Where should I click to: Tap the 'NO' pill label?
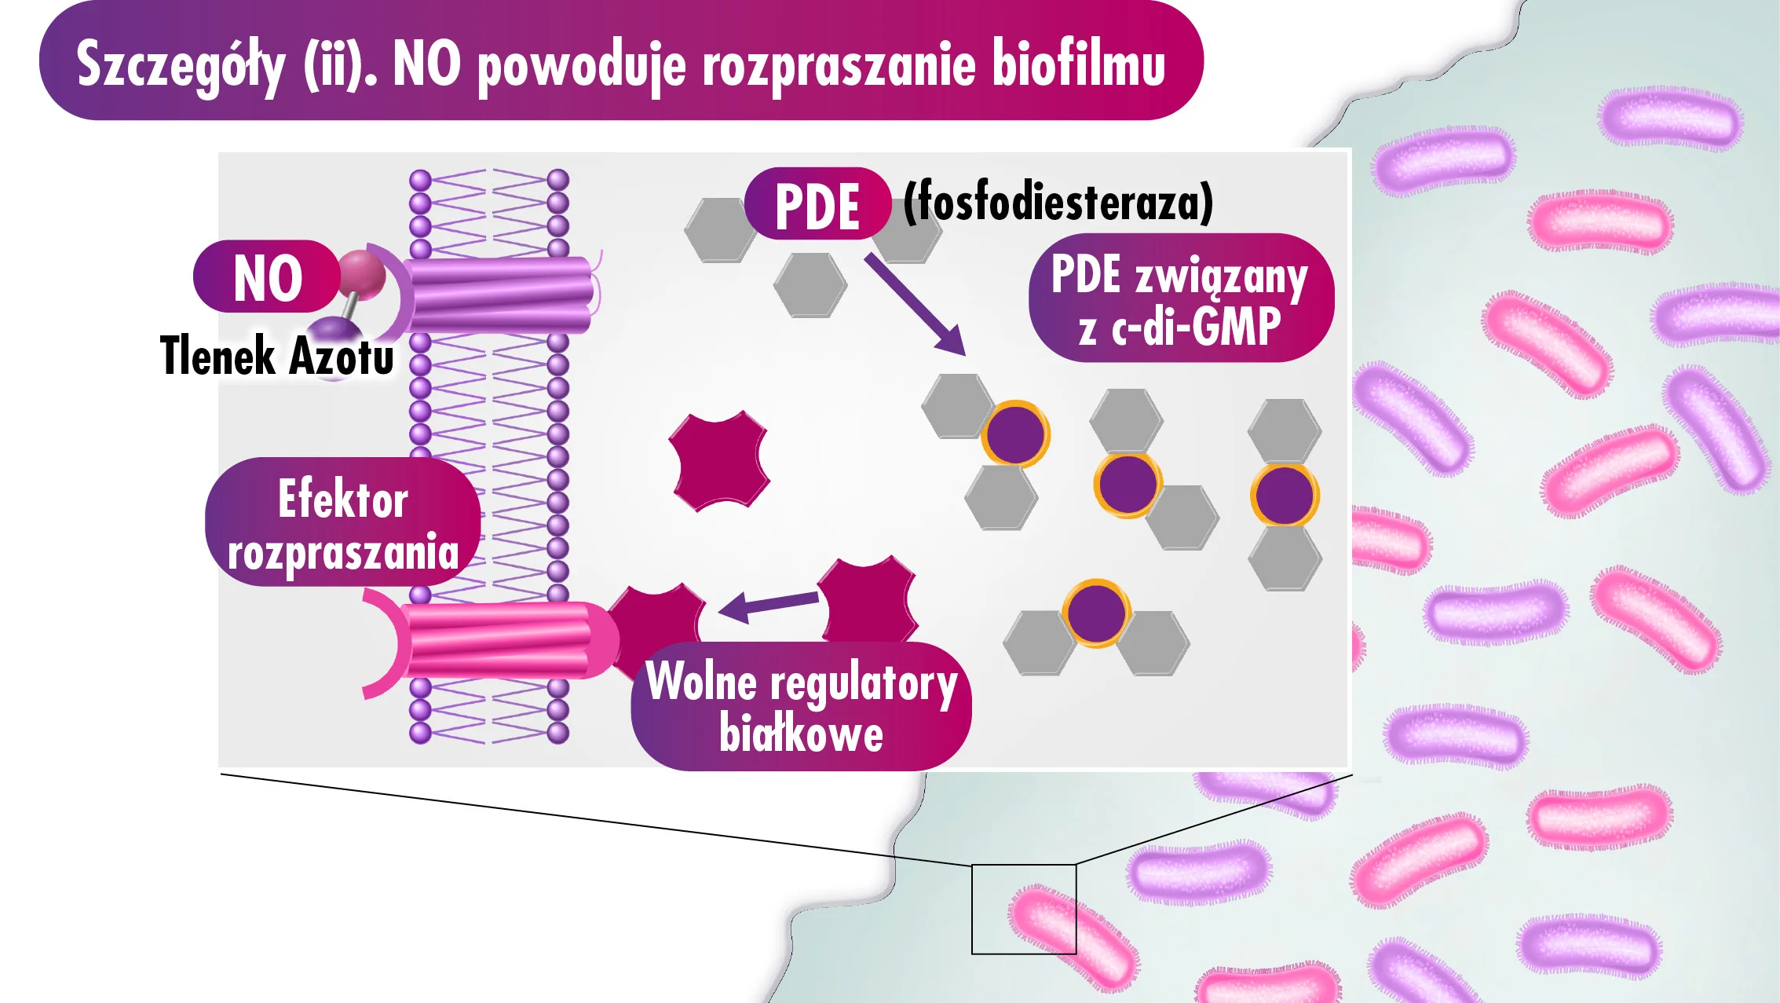tap(267, 278)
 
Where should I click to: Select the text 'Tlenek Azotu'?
tap(276, 356)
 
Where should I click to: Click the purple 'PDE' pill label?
tap(817, 206)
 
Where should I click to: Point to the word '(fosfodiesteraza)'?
tap(1058, 203)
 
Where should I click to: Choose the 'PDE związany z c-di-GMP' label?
tap(1179, 299)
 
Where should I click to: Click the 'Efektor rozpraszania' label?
tap(343, 524)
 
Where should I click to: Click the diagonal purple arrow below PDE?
tap(915, 304)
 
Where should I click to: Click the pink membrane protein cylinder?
tap(503, 639)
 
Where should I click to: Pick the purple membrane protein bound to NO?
tap(499, 295)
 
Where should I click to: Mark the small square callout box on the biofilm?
tap(1023, 909)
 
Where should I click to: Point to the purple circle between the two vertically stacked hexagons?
tap(1284, 495)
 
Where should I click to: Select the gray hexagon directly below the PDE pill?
tap(810, 284)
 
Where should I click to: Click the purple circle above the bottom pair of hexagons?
tap(1096, 613)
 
